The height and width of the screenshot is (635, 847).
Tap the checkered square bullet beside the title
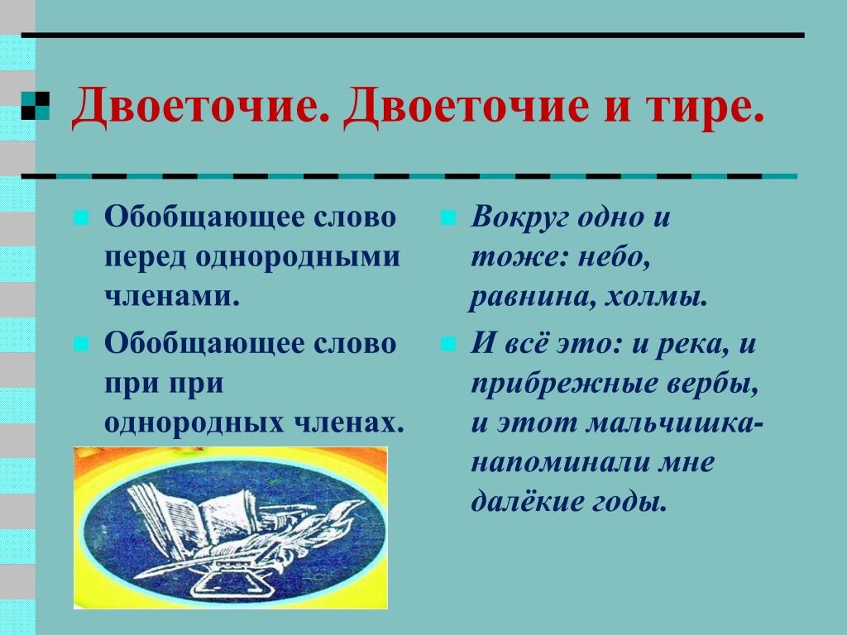[x=35, y=105]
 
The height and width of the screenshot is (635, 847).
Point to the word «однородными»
[x=298, y=258]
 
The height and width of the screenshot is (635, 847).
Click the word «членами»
[x=171, y=296]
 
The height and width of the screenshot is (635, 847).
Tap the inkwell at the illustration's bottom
[x=230, y=578]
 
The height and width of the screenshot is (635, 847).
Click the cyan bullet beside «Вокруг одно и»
[x=448, y=218]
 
